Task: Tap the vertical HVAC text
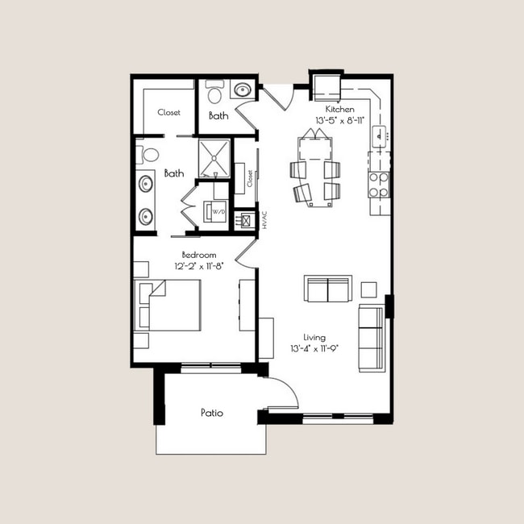click(264, 221)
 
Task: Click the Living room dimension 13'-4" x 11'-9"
click(315, 349)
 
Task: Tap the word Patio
click(211, 413)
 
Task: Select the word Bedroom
click(199, 255)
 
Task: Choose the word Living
click(314, 338)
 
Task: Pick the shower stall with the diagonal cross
click(215, 159)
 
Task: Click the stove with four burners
click(378, 185)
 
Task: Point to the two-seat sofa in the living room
click(327, 289)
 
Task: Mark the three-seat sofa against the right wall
click(372, 338)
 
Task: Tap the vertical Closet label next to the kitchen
click(250, 178)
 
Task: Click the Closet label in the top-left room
click(168, 113)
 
